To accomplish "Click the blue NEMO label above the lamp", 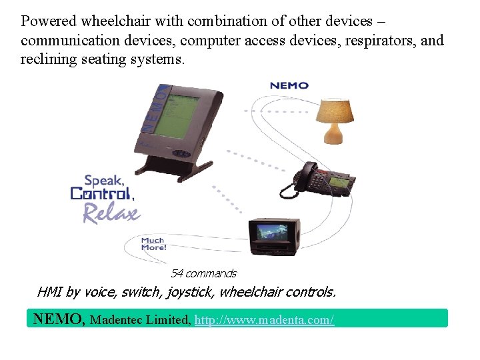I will click(289, 85).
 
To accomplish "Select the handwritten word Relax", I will click(111, 213).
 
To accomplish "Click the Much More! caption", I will click(153, 244).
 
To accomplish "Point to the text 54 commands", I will click(203, 273).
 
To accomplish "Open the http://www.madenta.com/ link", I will click(265, 320).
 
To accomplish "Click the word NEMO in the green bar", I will click(59, 319).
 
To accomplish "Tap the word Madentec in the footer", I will click(115, 320).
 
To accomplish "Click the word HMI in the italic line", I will click(49, 292).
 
